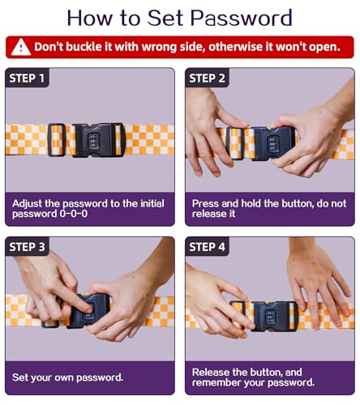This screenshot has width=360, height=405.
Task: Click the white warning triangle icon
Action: tap(21, 47)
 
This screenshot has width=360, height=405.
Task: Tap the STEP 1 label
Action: tap(27, 79)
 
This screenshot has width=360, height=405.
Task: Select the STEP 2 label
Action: tap(207, 79)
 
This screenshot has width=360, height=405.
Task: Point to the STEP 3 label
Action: tap(27, 247)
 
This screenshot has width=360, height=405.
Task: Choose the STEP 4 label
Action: tap(207, 247)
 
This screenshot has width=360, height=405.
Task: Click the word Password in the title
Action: tap(242, 18)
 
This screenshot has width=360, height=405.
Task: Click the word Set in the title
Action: tap(165, 18)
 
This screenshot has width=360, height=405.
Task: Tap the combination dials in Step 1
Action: tap(93, 140)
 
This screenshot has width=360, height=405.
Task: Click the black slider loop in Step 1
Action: tap(57, 140)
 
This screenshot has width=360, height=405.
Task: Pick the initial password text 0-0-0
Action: tap(74, 214)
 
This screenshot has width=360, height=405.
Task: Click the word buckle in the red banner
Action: tap(84, 47)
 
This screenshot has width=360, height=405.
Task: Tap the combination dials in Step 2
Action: tap(272, 143)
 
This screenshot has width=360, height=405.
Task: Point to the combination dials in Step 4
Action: tap(270, 317)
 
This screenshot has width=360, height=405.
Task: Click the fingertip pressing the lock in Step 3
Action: tap(88, 309)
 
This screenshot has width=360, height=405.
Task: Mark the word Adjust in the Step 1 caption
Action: tap(27, 204)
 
